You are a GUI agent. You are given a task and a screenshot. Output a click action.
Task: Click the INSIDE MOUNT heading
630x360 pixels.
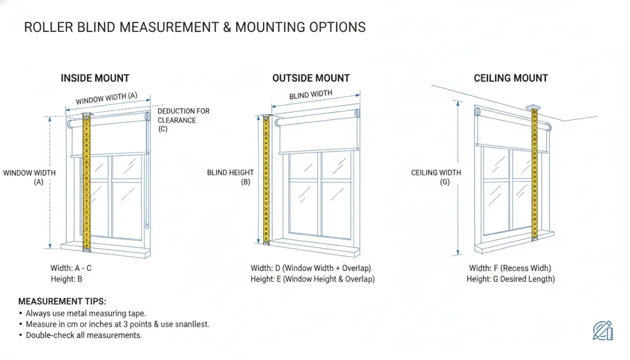point(95,78)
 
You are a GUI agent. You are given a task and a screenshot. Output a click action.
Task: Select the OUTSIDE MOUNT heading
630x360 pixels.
point(311,78)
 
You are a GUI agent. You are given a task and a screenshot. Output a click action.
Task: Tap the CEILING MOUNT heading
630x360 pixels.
point(511,78)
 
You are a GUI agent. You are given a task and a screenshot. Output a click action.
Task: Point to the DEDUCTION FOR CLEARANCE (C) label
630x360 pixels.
point(183,119)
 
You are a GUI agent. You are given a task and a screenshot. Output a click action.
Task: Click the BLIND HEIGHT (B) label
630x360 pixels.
point(230,177)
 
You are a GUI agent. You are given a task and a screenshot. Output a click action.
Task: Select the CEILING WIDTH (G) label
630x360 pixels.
point(436,177)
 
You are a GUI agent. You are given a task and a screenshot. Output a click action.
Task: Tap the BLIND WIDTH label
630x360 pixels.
point(310,95)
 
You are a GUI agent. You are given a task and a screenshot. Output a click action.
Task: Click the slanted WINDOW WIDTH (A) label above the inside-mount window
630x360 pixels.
point(107,99)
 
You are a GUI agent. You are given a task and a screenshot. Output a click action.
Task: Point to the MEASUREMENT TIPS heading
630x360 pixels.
point(62,301)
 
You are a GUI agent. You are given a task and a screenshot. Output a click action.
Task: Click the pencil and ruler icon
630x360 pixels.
point(603,331)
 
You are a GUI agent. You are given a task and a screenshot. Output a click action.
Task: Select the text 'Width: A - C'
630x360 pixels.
point(71,268)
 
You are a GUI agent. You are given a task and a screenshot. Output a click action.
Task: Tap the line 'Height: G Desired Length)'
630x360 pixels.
point(511,279)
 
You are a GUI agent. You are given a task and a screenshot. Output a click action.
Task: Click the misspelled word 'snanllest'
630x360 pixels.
point(192,324)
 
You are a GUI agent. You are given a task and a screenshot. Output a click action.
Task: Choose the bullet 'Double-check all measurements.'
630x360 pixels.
point(84,335)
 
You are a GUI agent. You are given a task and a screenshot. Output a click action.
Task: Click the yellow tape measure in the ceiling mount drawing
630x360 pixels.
point(535,173)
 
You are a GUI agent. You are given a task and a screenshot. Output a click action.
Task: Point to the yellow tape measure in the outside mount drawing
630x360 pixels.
point(266,180)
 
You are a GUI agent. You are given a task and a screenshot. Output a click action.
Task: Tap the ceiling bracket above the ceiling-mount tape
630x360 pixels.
point(533,107)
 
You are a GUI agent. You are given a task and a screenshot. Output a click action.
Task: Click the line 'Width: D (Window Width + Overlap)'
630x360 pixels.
point(311,268)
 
